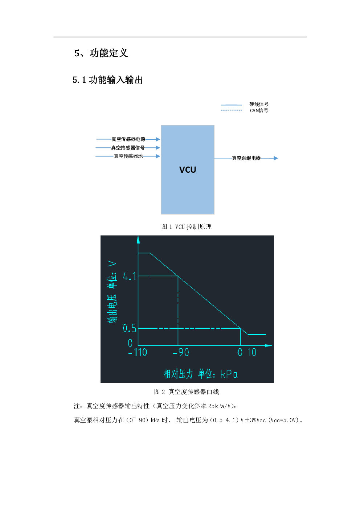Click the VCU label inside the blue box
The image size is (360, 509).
click(x=188, y=170)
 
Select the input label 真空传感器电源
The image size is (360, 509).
click(x=128, y=139)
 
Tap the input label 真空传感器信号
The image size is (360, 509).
click(x=128, y=148)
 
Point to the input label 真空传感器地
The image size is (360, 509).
click(x=128, y=156)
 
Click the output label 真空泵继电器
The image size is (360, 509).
click(x=246, y=158)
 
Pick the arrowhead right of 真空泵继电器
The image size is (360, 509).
click(x=276, y=158)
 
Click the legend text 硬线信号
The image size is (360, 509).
click(x=259, y=104)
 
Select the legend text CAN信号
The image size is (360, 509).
click(x=259, y=110)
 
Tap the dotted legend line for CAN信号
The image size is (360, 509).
click(x=231, y=110)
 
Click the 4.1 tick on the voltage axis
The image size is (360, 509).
click(x=129, y=276)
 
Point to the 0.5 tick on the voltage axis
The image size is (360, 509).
click(x=129, y=328)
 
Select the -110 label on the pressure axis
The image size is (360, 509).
click(x=138, y=352)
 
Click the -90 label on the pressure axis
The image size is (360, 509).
click(x=181, y=352)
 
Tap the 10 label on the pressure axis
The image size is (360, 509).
click(x=252, y=352)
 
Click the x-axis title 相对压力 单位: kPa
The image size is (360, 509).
click(x=201, y=374)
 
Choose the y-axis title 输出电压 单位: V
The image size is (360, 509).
click(x=112, y=292)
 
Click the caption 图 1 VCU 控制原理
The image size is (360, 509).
click(x=187, y=226)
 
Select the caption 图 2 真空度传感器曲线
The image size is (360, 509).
click(x=187, y=391)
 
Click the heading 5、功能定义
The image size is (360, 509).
click(x=101, y=53)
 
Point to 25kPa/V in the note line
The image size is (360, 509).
click(x=219, y=406)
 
